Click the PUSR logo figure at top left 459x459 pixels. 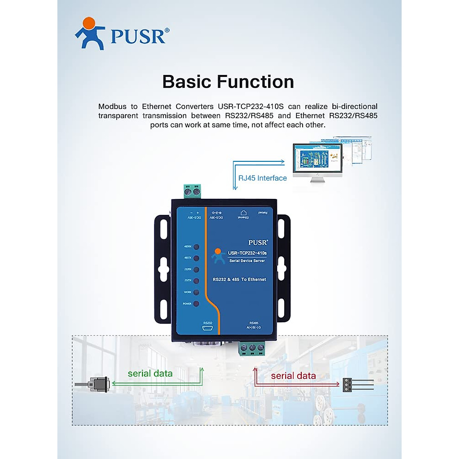(x=90, y=34)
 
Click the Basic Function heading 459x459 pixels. (x=228, y=82)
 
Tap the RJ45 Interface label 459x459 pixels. (x=262, y=178)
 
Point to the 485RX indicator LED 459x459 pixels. (x=196, y=247)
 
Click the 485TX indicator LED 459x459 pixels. (x=196, y=258)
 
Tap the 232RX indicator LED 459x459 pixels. (x=196, y=270)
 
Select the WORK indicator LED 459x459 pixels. (x=196, y=293)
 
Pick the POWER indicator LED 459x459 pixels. (x=196, y=304)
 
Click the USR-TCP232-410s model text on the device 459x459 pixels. (x=247, y=253)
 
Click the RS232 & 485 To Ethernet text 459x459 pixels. (x=239, y=280)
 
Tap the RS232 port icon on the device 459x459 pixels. (x=208, y=328)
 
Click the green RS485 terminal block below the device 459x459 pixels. (x=252, y=348)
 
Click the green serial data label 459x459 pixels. (x=150, y=374)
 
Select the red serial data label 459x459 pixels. (x=293, y=376)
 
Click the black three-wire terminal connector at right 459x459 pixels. (x=347, y=384)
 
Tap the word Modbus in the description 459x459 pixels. (x=112, y=107)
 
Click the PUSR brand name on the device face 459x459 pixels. (x=258, y=243)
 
